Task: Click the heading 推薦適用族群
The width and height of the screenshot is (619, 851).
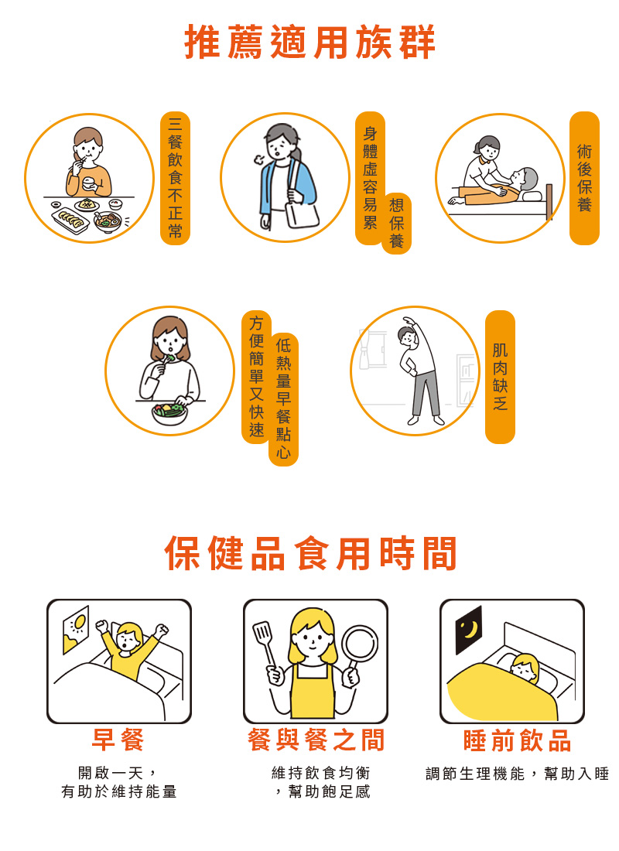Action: point(310,43)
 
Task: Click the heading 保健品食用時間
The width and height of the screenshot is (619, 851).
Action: point(310,553)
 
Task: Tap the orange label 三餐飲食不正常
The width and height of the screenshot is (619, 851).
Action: point(175,178)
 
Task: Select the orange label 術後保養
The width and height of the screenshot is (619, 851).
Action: point(584,178)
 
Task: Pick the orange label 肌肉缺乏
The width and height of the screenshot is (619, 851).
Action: point(500,377)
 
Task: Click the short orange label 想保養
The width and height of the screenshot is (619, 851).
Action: point(396,223)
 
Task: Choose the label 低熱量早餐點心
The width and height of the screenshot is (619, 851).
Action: point(283,399)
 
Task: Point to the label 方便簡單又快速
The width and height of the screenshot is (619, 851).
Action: point(256,377)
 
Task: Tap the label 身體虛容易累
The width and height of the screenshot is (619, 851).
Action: point(371,178)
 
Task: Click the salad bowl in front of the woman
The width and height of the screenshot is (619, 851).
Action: point(169,414)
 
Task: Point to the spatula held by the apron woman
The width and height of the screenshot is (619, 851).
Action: point(266,646)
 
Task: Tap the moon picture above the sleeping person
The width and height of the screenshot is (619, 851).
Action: point(469,630)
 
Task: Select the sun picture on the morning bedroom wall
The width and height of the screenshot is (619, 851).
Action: point(76,629)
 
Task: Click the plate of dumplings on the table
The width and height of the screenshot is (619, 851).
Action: point(70,220)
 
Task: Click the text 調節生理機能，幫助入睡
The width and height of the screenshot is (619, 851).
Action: point(517,774)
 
